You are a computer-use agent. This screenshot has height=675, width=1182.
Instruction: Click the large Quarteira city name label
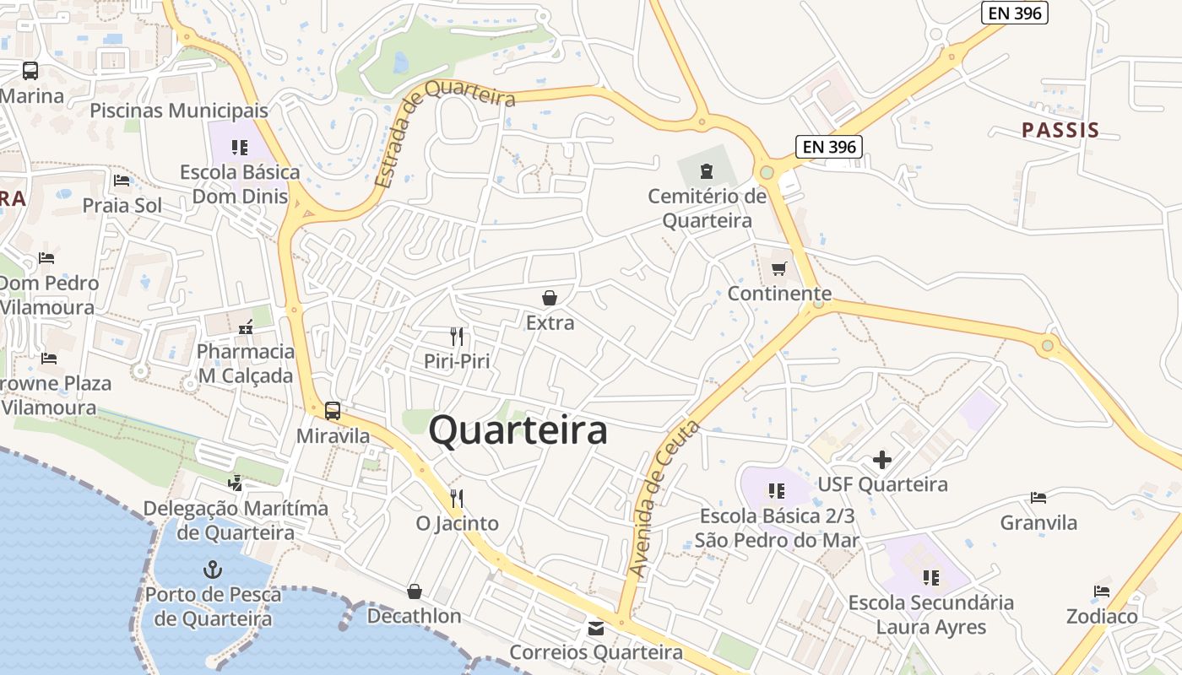518,430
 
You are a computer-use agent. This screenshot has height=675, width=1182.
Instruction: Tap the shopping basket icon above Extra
550,298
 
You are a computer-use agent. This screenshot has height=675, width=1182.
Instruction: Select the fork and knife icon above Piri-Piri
457,337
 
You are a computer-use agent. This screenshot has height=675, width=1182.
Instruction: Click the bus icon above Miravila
333,411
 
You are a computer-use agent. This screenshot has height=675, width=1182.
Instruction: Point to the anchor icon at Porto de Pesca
212,570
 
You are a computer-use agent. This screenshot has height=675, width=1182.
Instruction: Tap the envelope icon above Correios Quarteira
596,629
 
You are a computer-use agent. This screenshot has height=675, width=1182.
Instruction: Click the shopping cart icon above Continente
778,269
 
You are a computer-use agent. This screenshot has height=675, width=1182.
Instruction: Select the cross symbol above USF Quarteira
882,460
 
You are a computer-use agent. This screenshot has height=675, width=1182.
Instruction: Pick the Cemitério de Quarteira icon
706,172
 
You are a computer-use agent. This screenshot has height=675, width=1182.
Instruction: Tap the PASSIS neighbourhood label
1060,130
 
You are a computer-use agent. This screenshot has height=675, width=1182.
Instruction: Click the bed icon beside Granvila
1038,498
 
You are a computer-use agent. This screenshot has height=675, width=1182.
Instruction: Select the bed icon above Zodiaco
1101,591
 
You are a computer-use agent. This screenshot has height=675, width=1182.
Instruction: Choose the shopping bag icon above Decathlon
414,591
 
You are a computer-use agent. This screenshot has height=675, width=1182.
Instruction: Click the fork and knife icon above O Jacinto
457,499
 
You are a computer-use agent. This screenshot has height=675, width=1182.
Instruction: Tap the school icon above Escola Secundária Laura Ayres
931,578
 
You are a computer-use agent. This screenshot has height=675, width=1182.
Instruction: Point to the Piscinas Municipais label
179,111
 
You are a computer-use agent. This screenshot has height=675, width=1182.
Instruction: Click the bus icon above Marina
30,71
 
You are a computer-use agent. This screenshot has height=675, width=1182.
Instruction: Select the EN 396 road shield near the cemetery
829,147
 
